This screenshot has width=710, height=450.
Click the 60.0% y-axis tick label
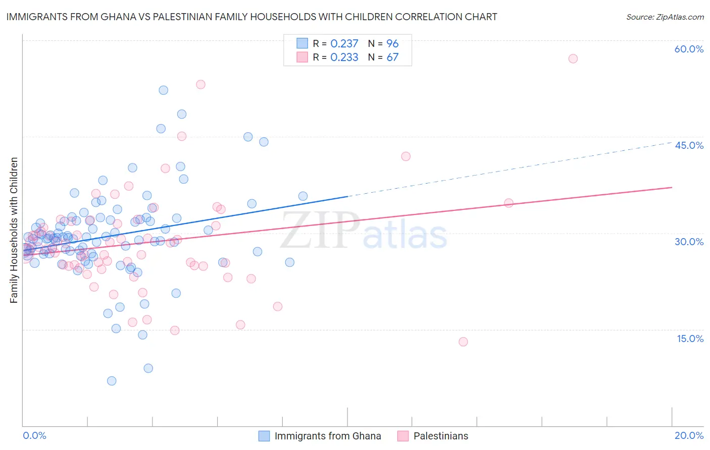(689, 49)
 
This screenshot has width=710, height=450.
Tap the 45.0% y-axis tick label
(689, 145)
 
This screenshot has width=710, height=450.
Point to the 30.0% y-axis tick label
(689, 242)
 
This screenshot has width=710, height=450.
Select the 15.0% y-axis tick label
(690, 339)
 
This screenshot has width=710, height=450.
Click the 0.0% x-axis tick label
(34, 435)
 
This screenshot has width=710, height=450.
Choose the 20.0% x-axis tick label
(689, 435)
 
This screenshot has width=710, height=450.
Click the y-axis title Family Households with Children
(14, 230)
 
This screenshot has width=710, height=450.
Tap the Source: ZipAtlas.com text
(665, 17)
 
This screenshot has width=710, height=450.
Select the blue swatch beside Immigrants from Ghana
(264, 436)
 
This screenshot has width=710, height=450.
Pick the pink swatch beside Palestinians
(402, 436)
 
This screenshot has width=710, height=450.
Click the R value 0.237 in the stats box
(344, 44)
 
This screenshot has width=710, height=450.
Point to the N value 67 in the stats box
(392, 58)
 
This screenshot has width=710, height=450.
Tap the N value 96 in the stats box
(392, 44)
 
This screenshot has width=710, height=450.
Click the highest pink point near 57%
(573, 59)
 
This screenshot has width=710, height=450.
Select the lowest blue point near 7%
(112, 381)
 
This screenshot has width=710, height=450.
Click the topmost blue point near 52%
(164, 90)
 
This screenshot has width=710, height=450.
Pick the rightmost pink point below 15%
(463, 342)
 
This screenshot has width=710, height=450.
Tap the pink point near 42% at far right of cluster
(405, 156)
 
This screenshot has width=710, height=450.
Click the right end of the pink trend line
(672, 187)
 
